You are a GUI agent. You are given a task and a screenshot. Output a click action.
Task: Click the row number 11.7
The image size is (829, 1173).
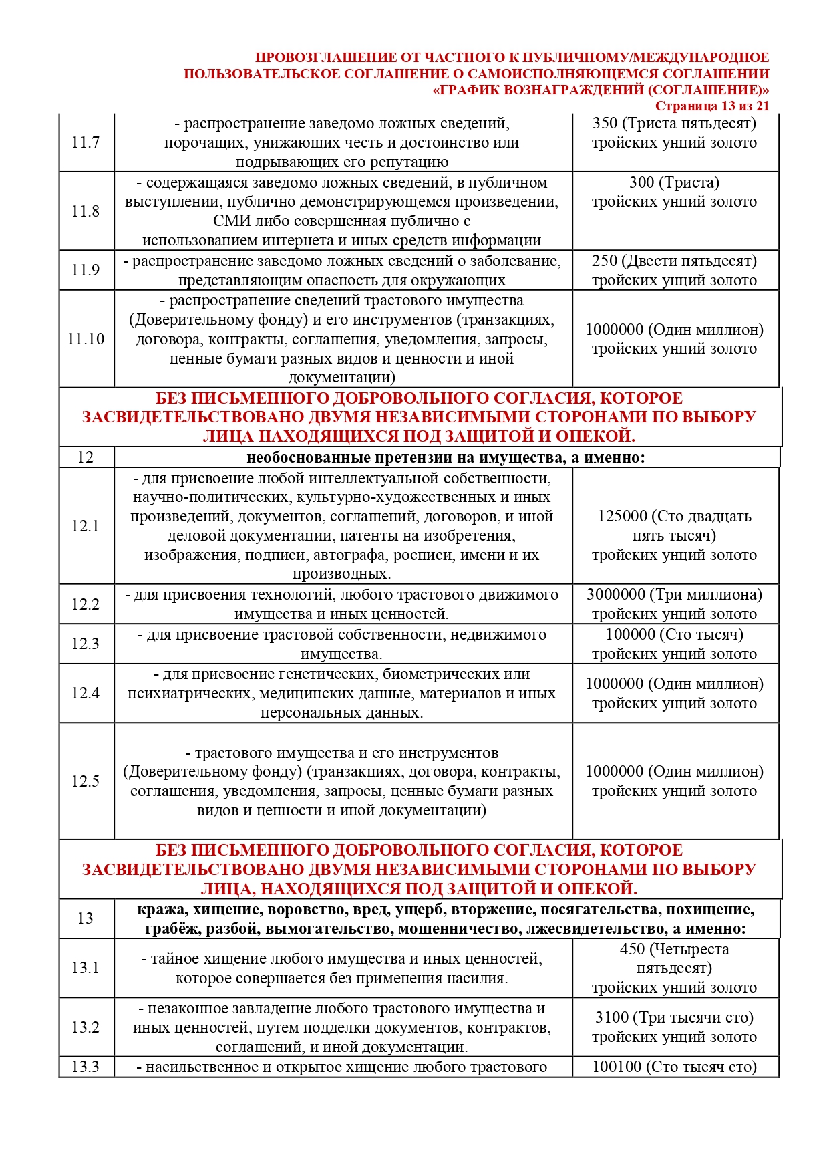coord(86,142)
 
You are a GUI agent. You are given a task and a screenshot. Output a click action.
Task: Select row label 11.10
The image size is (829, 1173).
coord(86,339)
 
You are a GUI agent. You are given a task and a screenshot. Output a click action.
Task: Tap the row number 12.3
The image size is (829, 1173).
coord(86,644)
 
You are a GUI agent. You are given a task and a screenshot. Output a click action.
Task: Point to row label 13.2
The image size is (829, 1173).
coord(86,1027)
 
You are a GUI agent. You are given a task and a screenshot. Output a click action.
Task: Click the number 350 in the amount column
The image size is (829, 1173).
coord(605,123)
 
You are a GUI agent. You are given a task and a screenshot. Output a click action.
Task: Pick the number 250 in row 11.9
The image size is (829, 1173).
coord(605,261)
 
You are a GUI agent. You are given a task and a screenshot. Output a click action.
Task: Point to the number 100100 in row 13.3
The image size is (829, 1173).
coord(617,1067)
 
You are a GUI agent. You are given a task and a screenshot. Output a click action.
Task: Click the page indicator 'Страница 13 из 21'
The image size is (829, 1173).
coord(712,106)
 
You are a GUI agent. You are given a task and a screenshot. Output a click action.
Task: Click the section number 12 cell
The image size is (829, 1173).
coord(86,457)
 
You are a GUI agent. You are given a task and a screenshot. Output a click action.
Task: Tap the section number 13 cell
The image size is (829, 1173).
coord(86,918)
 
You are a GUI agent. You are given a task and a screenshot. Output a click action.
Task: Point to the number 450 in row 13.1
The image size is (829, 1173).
coord(632,949)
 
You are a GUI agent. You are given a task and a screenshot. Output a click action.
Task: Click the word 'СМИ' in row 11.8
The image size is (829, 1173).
coord(232,221)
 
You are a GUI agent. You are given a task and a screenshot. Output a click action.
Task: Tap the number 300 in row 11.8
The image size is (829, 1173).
coord(642,182)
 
